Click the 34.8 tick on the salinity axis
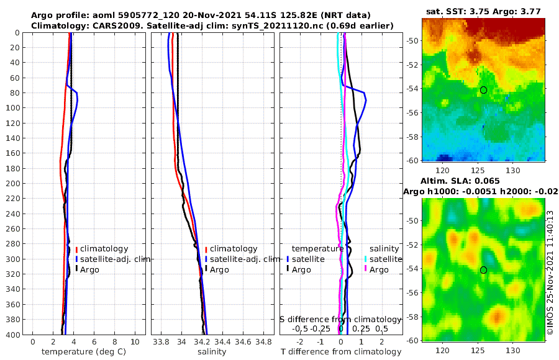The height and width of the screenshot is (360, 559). tap(263, 341)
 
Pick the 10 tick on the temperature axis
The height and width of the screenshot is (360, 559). tap(135, 341)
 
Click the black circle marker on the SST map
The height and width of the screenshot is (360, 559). tap(483, 90)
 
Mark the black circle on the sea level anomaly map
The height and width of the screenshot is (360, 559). tap(483, 270)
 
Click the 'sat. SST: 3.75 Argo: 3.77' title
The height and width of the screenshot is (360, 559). tap(483, 11)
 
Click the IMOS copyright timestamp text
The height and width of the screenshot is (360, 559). tap(550, 274)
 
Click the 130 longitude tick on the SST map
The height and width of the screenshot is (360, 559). tap(513, 170)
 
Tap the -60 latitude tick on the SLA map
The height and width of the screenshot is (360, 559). tap(412, 340)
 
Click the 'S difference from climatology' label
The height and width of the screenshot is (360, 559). tap(340, 319)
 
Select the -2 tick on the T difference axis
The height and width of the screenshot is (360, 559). tap(301, 341)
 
